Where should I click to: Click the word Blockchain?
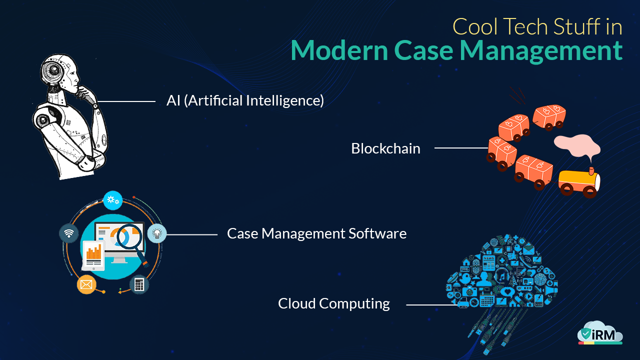point(385,148)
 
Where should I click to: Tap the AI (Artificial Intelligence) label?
point(245,100)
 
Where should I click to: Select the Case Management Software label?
point(316,233)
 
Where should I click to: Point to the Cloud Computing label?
point(334,303)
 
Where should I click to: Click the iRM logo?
point(600,334)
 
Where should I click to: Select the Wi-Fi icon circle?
point(68,233)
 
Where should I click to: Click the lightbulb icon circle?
point(157,233)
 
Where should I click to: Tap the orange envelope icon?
point(86,284)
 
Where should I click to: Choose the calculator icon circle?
point(139,284)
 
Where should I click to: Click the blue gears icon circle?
point(113,200)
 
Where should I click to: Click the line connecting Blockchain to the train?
point(460,148)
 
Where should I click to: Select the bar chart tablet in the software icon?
point(93,253)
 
